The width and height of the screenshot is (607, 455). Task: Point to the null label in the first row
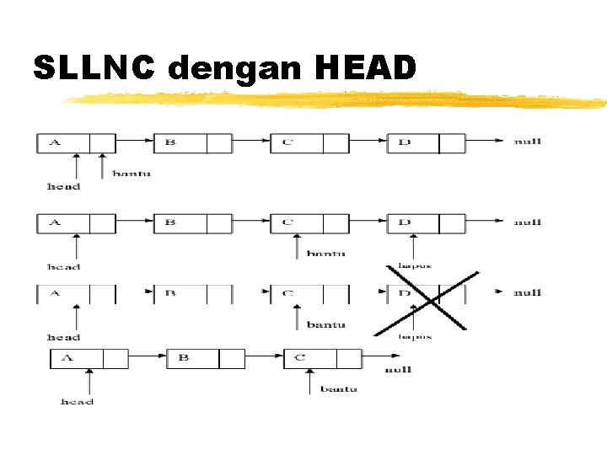point(528,142)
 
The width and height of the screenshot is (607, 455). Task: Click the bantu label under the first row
point(132,174)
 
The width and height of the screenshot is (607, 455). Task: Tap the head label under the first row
point(64,186)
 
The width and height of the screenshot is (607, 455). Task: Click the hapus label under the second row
point(415,266)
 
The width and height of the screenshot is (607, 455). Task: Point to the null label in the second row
point(528,222)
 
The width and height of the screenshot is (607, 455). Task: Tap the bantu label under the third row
point(325,324)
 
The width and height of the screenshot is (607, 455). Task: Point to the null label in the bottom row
point(398,370)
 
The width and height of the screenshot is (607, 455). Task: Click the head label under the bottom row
point(78,402)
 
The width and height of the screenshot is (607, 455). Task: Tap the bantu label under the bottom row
point(338,389)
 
